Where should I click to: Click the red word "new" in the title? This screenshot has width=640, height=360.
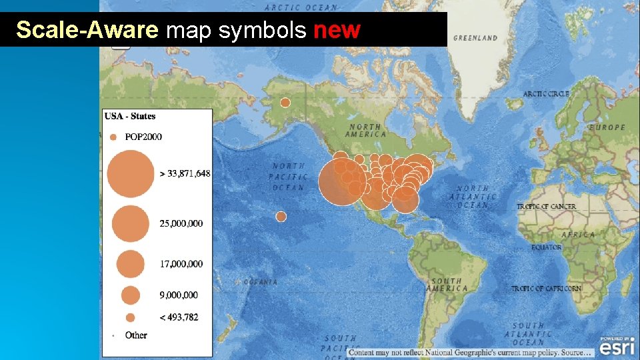(x=337, y=30)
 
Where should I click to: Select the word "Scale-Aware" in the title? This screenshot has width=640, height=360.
(x=87, y=30)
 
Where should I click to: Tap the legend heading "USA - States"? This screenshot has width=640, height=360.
(x=130, y=116)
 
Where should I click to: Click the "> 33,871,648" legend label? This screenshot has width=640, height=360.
(x=185, y=173)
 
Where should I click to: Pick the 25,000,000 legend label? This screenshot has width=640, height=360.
(x=181, y=223)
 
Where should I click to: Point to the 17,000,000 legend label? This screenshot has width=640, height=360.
(x=181, y=264)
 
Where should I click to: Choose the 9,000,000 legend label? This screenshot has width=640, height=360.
(x=179, y=295)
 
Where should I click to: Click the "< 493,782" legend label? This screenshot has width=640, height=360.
(x=179, y=317)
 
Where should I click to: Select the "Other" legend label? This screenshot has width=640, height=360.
(x=136, y=335)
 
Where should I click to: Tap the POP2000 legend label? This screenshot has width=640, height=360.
(x=143, y=137)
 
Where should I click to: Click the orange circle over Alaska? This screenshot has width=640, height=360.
(x=285, y=103)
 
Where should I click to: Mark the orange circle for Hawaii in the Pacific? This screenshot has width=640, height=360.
(x=281, y=217)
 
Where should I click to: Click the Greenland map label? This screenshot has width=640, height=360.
(x=475, y=38)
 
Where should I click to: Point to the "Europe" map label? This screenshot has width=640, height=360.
(x=607, y=127)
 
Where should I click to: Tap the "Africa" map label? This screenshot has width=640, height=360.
(x=578, y=235)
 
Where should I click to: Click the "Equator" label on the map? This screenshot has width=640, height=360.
(x=547, y=247)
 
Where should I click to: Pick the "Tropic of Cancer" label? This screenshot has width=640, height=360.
(x=547, y=207)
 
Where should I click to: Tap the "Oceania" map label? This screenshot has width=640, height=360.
(x=260, y=282)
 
